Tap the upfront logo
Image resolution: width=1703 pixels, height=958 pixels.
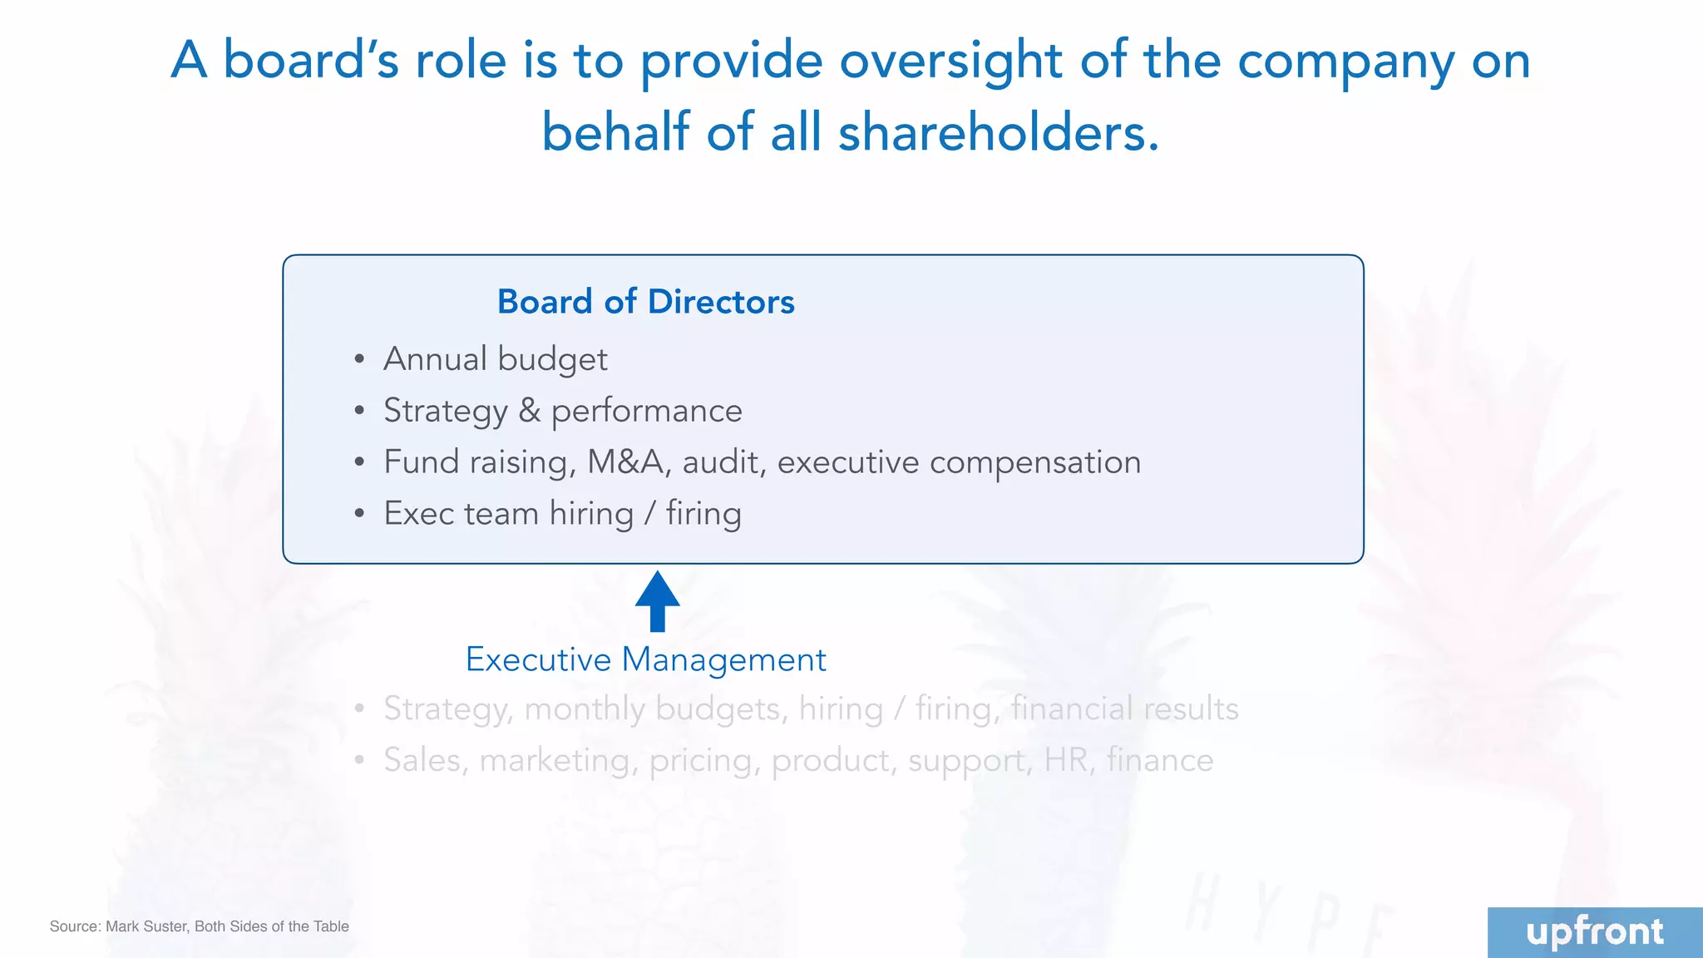(x=1594, y=932)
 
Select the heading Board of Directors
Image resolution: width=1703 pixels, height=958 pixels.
(x=645, y=302)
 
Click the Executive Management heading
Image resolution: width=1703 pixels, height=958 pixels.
(x=645, y=659)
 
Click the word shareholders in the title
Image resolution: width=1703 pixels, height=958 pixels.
(x=998, y=133)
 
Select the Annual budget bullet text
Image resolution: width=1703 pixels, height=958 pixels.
(x=496, y=359)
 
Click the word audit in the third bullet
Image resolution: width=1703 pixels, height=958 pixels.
(x=723, y=462)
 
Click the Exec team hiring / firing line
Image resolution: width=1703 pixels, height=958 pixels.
(x=562, y=514)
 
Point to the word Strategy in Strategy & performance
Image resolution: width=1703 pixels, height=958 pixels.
(x=445, y=411)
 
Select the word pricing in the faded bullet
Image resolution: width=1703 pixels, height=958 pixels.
(x=704, y=760)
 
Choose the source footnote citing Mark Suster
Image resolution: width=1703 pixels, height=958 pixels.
(x=199, y=926)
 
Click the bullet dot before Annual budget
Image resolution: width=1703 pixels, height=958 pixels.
(x=359, y=360)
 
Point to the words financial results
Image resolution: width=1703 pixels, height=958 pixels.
(x=1124, y=709)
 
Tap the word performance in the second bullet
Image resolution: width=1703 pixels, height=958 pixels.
(x=646, y=411)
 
